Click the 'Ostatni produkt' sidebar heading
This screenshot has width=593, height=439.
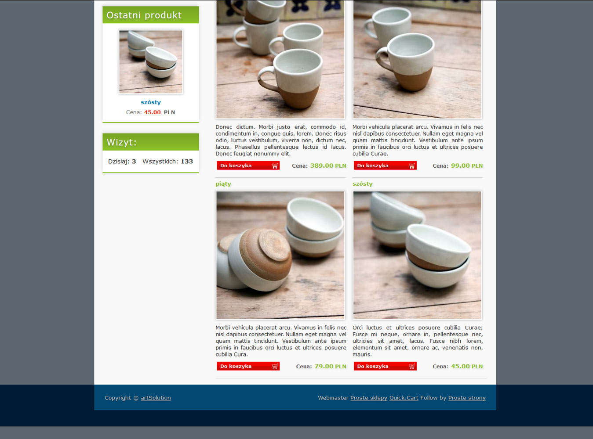tap(144, 15)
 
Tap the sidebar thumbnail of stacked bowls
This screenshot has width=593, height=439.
tap(151, 62)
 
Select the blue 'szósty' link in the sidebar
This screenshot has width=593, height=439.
tap(151, 102)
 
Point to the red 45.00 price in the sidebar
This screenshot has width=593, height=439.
tap(153, 112)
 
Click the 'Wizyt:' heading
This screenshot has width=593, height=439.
tap(122, 142)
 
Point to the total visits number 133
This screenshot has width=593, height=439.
tap(187, 161)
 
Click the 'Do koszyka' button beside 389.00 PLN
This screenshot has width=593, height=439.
tap(248, 166)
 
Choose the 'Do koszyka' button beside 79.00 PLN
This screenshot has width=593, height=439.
tap(248, 366)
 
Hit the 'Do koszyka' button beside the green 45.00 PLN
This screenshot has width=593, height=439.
tap(385, 366)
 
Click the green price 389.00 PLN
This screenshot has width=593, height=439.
tap(328, 166)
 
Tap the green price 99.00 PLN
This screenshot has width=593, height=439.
tap(467, 166)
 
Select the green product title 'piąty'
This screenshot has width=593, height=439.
tap(223, 184)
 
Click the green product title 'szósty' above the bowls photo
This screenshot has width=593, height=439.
tap(362, 184)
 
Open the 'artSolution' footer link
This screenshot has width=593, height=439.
tap(156, 398)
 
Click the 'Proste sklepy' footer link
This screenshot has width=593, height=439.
tap(369, 398)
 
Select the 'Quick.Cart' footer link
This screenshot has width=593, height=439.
tap(404, 398)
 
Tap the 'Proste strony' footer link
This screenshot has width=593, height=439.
tap(467, 398)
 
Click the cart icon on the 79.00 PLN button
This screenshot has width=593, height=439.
tap(275, 367)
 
